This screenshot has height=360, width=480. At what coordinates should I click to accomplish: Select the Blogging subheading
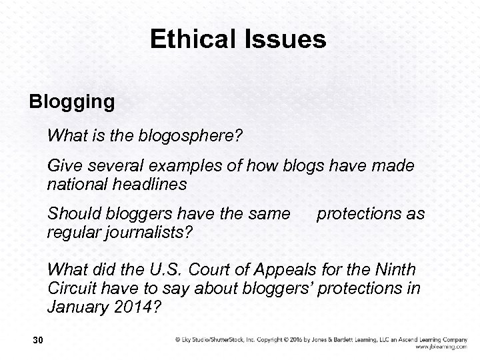(71, 103)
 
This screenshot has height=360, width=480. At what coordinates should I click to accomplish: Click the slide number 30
(37, 341)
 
